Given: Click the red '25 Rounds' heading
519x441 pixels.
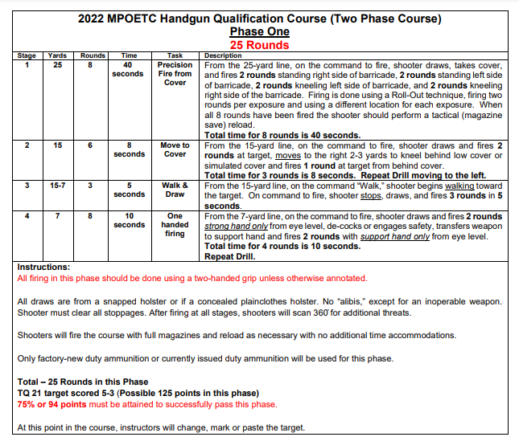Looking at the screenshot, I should click(x=259, y=45).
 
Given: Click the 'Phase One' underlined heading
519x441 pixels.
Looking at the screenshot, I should click(x=259, y=31).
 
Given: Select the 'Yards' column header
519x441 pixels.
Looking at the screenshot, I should click(x=57, y=55).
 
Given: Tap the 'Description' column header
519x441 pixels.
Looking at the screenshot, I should click(x=223, y=55).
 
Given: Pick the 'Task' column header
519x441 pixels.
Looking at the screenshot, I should click(x=175, y=55).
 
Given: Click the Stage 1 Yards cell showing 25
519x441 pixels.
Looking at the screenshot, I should click(x=57, y=64).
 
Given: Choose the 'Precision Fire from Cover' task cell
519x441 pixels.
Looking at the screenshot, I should click(x=175, y=73).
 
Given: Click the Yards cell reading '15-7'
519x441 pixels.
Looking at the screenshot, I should click(x=57, y=186).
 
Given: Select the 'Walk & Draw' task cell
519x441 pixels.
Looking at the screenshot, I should click(x=175, y=190).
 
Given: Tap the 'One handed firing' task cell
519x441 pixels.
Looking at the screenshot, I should click(x=175, y=225).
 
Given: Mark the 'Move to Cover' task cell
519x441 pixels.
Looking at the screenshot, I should click(x=175, y=149).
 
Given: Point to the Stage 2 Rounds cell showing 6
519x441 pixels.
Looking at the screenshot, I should click(x=93, y=145).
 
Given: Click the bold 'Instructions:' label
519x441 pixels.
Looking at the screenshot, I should click(x=43, y=267).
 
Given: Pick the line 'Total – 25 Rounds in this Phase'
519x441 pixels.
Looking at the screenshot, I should click(x=84, y=382).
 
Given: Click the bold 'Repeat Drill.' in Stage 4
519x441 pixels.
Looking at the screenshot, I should click(x=230, y=257).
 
